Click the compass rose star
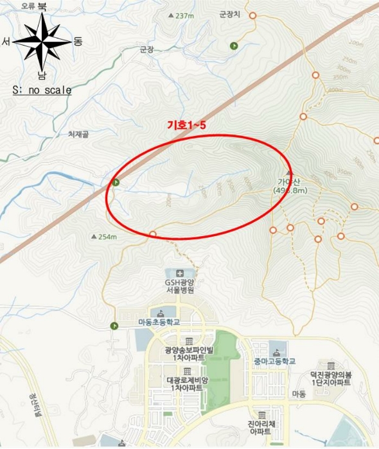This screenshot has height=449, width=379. (x=42, y=41)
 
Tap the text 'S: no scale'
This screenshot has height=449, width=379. (x=42, y=90)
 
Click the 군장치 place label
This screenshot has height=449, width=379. (x=229, y=13)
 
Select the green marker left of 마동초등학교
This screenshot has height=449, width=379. (x=114, y=326)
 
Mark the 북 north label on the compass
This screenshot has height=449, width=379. (x=42, y=6)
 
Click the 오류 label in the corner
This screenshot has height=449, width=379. (x=27, y=6)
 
